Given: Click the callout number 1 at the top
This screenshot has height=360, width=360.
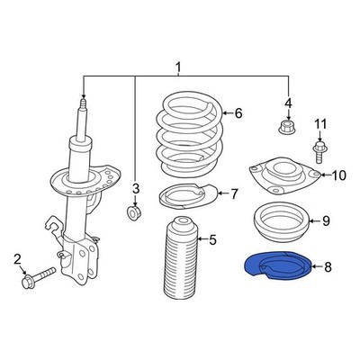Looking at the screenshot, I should point(178,67).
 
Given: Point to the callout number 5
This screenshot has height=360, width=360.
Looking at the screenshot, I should point(212,239).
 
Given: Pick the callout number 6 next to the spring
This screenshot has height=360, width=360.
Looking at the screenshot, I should point(238,113).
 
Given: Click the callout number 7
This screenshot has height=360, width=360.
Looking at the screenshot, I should point(234,193).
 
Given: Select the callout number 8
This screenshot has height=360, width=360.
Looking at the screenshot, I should point(328,266).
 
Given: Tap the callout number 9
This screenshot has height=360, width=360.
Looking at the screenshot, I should point(326,220).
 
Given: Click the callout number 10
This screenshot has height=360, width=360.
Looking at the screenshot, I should point(338,175).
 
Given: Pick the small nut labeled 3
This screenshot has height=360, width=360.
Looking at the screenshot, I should point(134,212).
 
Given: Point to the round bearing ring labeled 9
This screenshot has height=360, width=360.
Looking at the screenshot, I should point(282,220).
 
